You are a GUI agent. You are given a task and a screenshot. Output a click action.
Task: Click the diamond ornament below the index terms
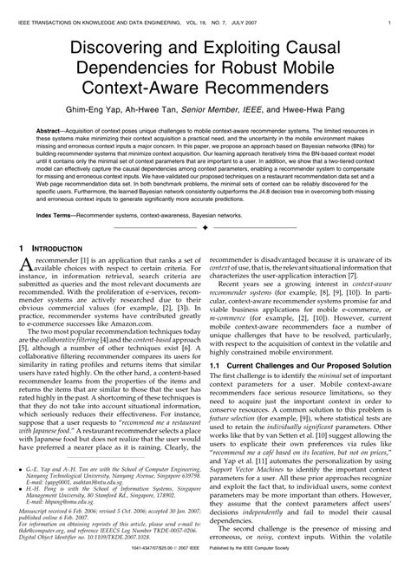tap(205, 228)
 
